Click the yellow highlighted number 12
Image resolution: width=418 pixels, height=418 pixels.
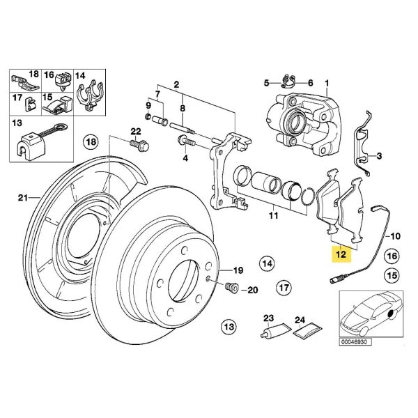[341, 255]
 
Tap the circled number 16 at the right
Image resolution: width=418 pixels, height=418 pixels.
[392, 257]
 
